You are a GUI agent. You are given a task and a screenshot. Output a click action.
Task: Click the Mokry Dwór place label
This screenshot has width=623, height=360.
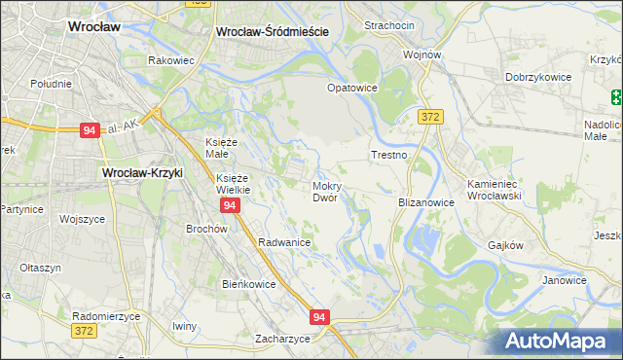[x=325, y=191]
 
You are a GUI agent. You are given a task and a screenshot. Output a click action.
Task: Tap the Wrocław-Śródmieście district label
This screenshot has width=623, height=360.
[x=272, y=31]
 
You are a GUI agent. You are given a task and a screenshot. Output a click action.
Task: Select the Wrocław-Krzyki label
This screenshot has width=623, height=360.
[x=143, y=173]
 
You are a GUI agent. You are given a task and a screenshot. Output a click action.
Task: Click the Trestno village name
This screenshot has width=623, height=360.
[x=388, y=155]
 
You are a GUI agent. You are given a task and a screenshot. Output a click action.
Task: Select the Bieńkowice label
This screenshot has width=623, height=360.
[x=249, y=284]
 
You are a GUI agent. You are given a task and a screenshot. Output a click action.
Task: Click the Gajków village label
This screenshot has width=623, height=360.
[x=506, y=246]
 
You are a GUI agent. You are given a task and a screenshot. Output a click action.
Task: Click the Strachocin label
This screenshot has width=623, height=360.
[x=389, y=24]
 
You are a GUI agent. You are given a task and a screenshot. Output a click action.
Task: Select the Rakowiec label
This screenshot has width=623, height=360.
[x=171, y=59]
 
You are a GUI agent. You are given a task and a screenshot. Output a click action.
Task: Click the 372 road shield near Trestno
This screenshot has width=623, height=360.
[x=430, y=117]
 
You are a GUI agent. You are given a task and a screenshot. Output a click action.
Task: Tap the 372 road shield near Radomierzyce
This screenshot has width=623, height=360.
[x=85, y=331]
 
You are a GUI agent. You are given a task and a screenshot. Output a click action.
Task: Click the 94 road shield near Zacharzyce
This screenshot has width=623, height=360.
[x=320, y=317]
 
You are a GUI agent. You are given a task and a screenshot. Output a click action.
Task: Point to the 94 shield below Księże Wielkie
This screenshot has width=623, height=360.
[x=230, y=206]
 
